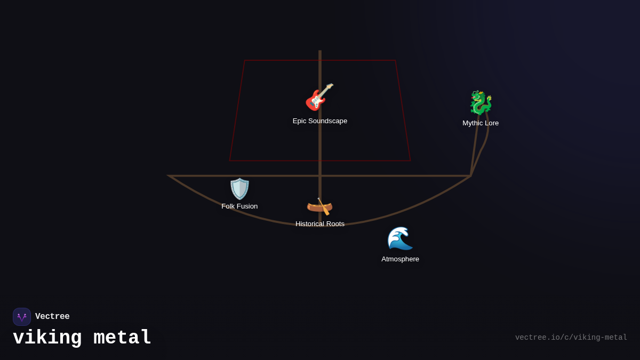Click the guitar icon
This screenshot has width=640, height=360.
click(x=319, y=97)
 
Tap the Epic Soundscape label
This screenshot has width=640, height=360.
click(x=319, y=121)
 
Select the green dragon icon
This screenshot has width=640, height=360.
click(x=481, y=103)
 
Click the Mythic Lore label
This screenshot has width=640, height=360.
click(x=481, y=123)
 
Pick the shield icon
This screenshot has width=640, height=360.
click(x=239, y=189)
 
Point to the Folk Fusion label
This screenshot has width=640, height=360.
click(x=239, y=206)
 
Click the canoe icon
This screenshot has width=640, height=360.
click(x=319, y=206)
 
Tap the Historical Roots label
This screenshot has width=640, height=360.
click(x=319, y=224)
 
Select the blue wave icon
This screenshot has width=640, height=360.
click(x=400, y=238)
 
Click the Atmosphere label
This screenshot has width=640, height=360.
click(x=400, y=259)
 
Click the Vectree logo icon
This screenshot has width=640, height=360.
click(x=22, y=317)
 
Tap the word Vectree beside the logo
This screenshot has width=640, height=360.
click(x=52, y=317)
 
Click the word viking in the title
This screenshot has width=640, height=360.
click(x=47, y=338)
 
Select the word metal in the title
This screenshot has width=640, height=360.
click(x=123, y=338)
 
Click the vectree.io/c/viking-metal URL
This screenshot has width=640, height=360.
click(x=571, y=338)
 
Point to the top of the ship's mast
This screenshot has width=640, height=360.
click(x=320, y=51)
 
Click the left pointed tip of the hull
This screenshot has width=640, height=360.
click(x=170, y=175)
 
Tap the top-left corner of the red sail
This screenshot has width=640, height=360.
click(x=245, y=60)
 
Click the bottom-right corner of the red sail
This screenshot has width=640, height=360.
click(x=410, y=161)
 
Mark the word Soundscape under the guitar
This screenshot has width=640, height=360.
click(x=327, y=121)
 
